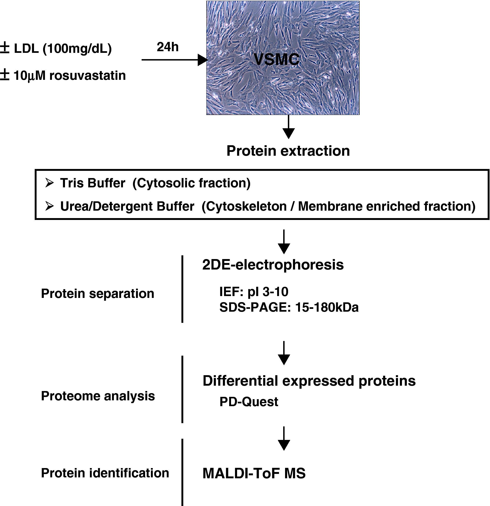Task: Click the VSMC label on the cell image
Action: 276,59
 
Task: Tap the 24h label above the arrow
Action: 168,47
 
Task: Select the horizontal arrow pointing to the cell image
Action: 175,60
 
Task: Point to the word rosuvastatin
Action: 88,76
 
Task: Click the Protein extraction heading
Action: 288,151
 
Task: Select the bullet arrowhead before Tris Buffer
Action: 49,183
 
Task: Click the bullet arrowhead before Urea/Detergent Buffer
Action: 49,206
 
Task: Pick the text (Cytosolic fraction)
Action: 191,183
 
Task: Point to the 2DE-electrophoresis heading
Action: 273,265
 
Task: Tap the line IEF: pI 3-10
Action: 254,292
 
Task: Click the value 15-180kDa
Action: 327,307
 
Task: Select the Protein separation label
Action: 98,293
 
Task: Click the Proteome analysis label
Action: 98,396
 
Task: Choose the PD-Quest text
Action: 249,402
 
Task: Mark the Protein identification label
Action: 105,473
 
